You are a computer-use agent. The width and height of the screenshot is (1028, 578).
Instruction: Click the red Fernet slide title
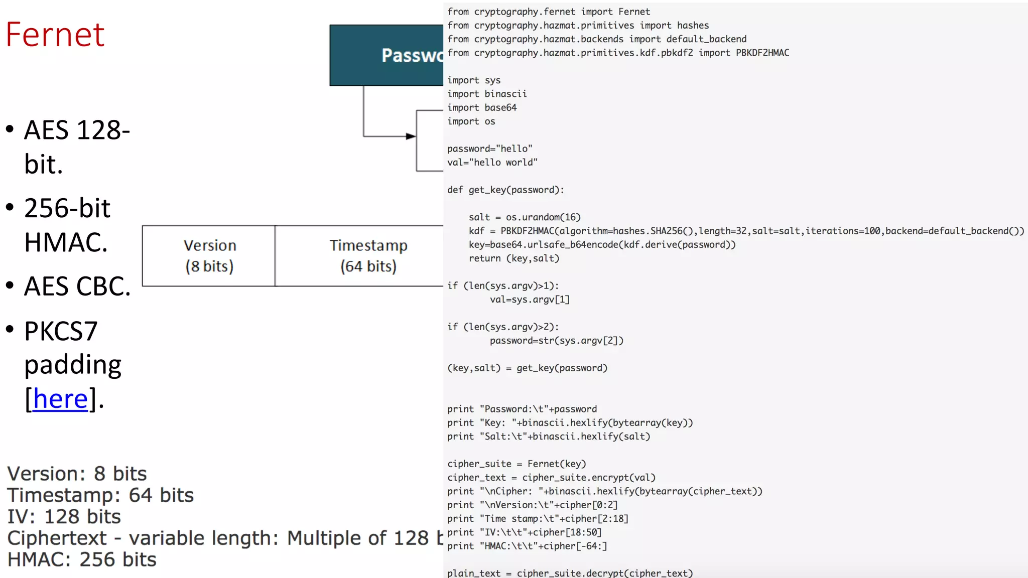click(55, 35)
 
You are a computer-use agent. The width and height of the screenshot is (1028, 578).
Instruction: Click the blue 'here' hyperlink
click(60, 399)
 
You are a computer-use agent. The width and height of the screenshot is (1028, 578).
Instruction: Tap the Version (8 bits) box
click(209, 256)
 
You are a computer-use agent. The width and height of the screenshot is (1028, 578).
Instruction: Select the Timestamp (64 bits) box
click(368, 256)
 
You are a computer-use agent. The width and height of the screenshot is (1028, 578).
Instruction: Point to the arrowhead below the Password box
click(411, 136)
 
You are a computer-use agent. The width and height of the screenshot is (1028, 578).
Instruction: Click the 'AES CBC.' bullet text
click(77, 286)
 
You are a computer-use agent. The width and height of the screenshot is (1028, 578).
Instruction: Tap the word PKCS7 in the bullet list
click(61, 331)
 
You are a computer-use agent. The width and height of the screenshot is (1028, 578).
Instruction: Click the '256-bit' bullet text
click(67, 208)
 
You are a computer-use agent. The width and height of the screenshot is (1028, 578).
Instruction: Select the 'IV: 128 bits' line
click(64, 517)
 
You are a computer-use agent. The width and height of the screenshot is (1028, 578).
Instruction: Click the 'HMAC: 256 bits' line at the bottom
click(81, 559)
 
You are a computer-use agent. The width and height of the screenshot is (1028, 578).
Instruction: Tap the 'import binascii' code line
click(487, 94)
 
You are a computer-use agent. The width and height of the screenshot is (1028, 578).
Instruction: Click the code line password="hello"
click(489, 149)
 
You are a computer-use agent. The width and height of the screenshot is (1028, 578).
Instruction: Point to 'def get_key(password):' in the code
click(505, 190)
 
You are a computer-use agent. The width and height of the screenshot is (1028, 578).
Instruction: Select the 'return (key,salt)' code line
click(513, 258)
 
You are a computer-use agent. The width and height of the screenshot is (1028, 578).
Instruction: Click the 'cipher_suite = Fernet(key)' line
click(517, 464)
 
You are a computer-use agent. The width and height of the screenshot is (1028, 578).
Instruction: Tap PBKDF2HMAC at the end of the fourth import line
click(762, 53)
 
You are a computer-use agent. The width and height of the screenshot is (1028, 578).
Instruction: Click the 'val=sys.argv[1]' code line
click(530, 300)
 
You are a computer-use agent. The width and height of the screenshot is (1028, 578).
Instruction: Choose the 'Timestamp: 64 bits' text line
click(100, 495)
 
